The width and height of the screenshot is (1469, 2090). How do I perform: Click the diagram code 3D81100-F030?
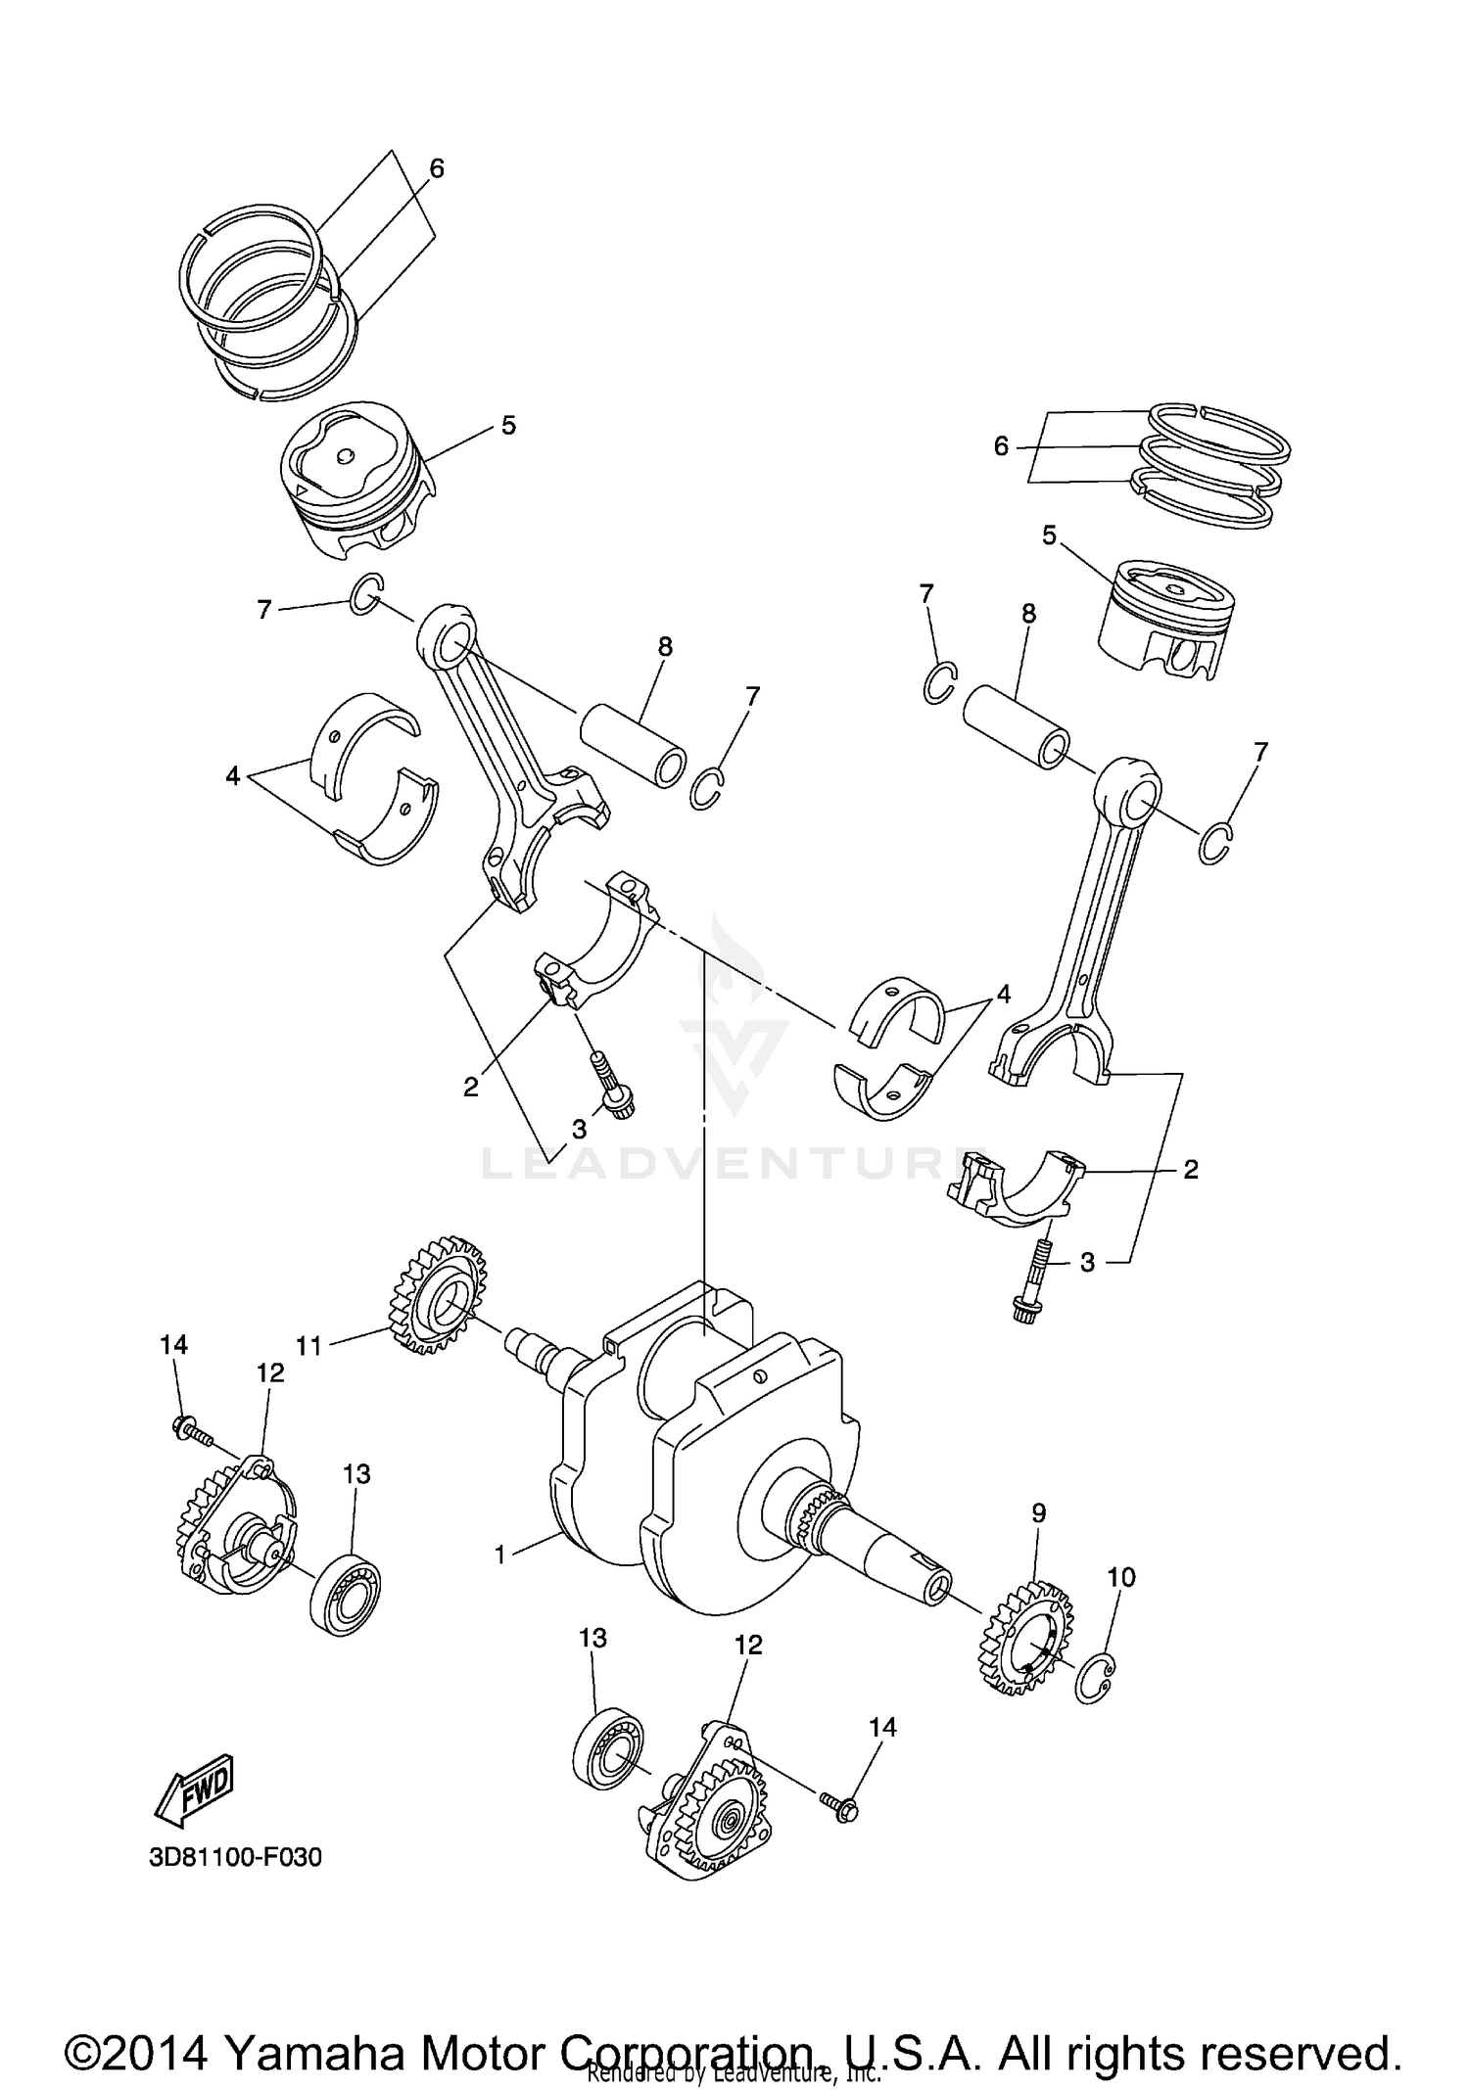235,1857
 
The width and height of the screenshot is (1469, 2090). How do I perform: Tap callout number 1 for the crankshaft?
500,1554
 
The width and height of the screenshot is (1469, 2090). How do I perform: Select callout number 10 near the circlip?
1121,1577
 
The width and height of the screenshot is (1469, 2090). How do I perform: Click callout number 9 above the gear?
1038,1512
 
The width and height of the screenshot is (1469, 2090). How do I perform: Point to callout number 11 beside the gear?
309,1347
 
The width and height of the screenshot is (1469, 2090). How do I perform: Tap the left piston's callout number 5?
508,425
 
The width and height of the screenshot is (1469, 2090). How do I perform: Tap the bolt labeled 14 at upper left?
193,1433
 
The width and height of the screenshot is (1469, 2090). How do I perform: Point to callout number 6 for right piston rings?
1001,446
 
